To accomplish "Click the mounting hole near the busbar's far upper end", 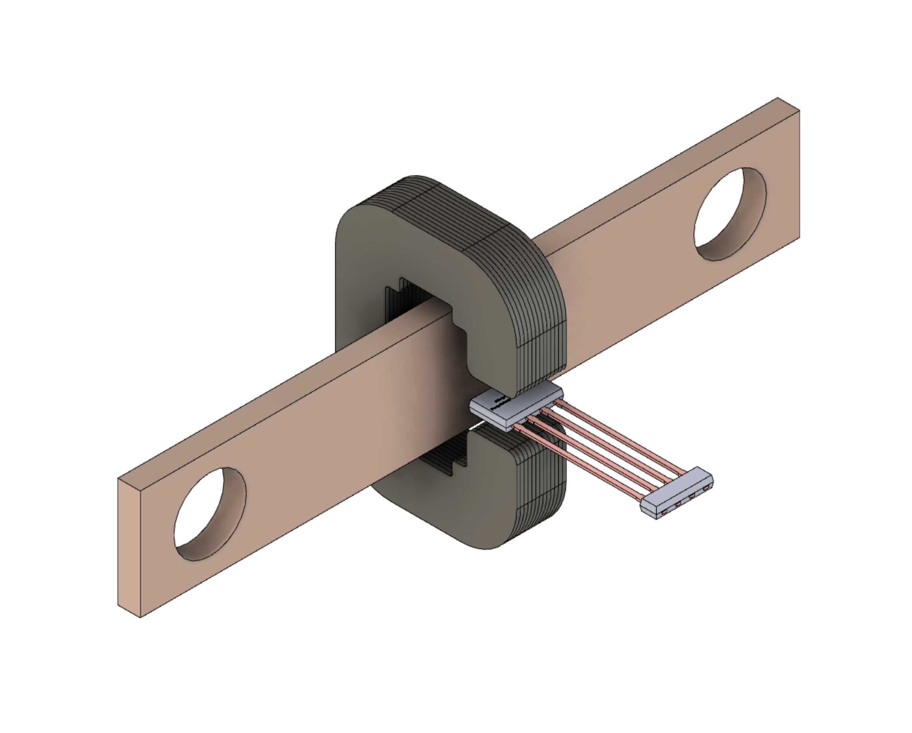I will [x=730, y=214].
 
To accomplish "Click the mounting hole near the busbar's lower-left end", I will [x=210, y=514].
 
